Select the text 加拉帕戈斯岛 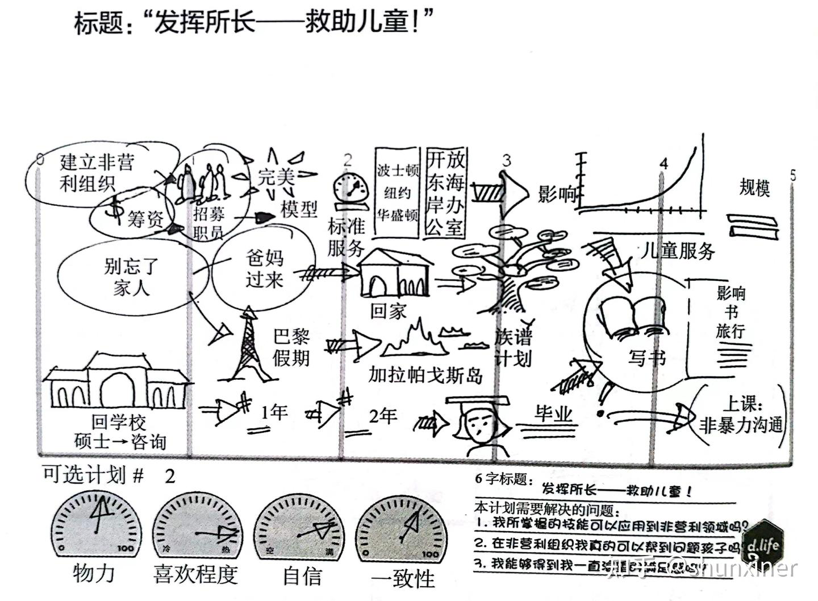425,375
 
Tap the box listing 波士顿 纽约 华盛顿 398,193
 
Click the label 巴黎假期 291,347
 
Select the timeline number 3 507,161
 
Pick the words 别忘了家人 131,277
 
